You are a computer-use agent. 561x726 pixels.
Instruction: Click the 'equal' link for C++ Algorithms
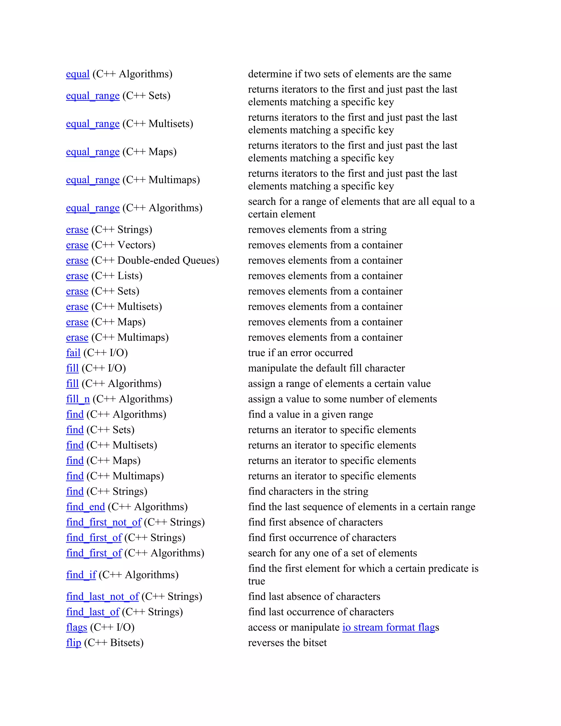78,74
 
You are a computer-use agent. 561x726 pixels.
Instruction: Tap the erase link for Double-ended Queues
77,261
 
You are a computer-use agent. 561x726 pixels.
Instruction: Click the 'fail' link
73,353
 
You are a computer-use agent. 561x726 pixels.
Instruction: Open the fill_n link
78,399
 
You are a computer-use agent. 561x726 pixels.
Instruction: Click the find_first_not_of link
104,522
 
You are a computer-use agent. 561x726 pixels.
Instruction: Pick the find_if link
81,575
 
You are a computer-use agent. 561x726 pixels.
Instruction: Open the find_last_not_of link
102,597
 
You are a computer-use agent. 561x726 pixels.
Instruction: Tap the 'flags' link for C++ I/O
76,628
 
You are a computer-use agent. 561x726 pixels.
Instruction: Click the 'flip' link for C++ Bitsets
73,643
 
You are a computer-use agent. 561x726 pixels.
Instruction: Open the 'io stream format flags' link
388,628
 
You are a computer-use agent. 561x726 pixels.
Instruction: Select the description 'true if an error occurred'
300,353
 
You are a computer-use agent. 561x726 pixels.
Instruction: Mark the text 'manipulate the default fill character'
326,368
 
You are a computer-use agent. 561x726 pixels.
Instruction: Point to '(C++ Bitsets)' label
114,643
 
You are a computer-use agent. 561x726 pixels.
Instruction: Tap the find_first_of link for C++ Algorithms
94,553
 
